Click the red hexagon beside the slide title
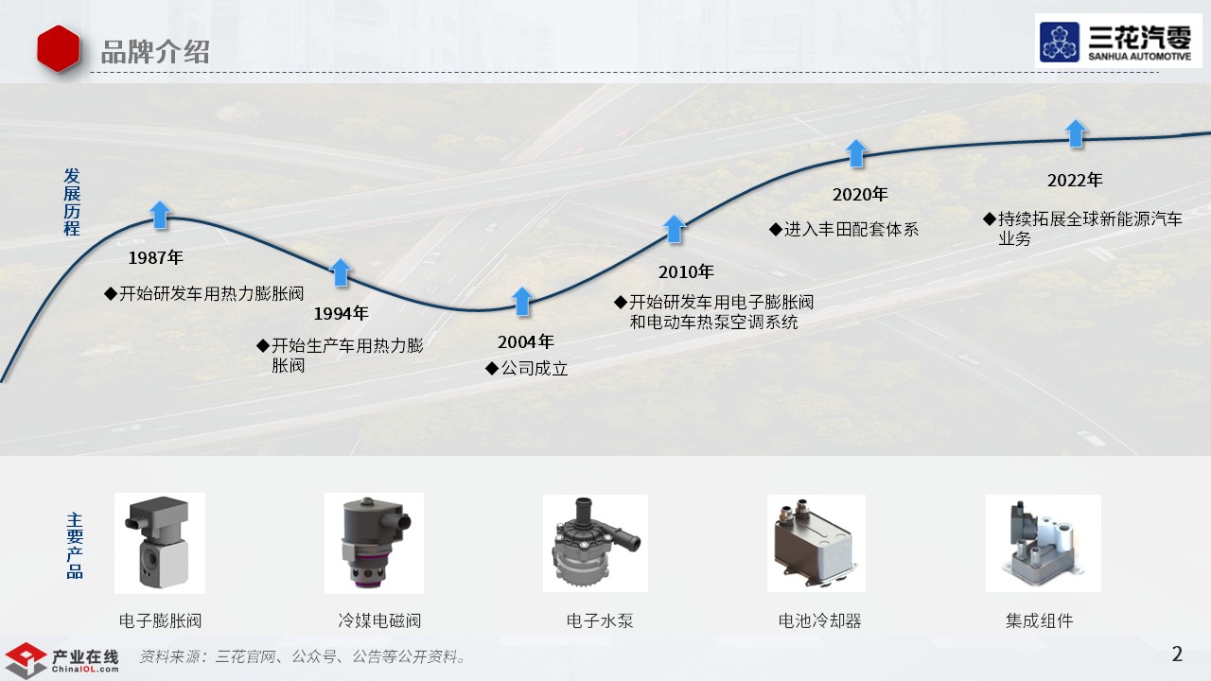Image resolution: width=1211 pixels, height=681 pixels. coord(59,49)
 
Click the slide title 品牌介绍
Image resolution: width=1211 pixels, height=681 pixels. coord(155,51)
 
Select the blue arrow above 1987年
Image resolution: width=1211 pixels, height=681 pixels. coord(160,215)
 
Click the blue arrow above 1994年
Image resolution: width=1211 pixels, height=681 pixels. coord(341,272)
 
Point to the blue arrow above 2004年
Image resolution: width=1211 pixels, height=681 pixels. coord(522,301)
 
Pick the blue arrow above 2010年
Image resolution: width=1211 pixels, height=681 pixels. coord(674,229)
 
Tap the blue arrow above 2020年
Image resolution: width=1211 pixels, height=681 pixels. coord(856,153)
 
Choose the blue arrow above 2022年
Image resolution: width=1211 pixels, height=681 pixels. coord(1076,133)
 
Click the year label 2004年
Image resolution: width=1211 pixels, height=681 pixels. coord(526,342)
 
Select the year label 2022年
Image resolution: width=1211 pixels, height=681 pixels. coord(1075,181)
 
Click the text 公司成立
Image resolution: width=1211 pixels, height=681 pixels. coord(534,369)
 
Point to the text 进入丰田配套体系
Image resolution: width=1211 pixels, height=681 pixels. coord(850,229)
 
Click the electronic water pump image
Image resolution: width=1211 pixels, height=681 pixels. coord(595,544)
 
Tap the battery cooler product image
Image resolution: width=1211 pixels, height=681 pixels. coord(815,544)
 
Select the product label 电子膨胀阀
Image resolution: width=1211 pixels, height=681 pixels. coord(160,621)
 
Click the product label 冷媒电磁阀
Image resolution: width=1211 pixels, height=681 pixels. coord(379,621)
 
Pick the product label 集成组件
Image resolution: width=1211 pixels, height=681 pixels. coord(1039,621)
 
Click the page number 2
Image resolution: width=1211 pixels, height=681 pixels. coord(1177,654)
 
